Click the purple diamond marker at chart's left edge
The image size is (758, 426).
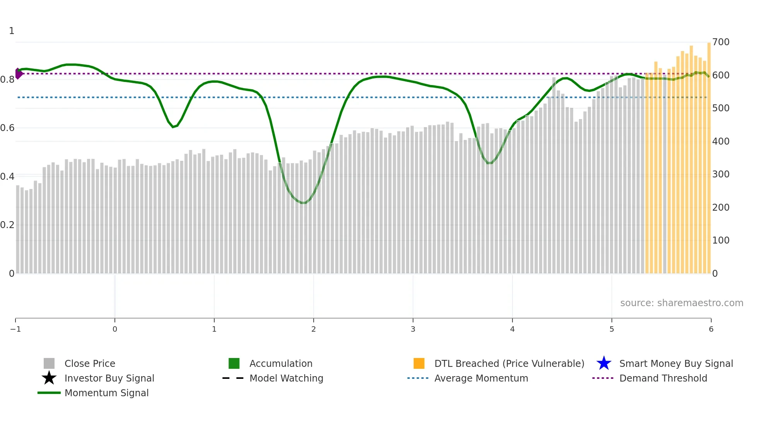(19, 73)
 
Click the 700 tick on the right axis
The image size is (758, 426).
(721, 42)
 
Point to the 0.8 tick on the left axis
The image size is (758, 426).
(7, 80)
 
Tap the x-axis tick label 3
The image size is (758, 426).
(413, 329)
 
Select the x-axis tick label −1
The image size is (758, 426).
(15, 329)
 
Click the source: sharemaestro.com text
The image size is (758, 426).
(681, 303)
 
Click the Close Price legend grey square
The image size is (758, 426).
(49, 363)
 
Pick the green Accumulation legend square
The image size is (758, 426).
(234, 363)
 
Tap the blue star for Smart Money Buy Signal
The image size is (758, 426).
(604, 363)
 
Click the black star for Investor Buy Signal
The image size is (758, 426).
(49, 378)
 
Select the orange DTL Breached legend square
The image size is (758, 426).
(419, 363)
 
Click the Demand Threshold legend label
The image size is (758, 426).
(663, 378)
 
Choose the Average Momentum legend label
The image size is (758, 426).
(481, 378)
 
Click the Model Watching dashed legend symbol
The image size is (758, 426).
(233, 378)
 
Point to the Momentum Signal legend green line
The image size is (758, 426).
(49, 393)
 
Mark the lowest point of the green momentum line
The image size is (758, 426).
(304, 203)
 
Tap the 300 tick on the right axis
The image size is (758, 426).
(721, 174)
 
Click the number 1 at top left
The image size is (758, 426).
(12, 31)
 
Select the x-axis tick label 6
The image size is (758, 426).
(711, 329)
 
